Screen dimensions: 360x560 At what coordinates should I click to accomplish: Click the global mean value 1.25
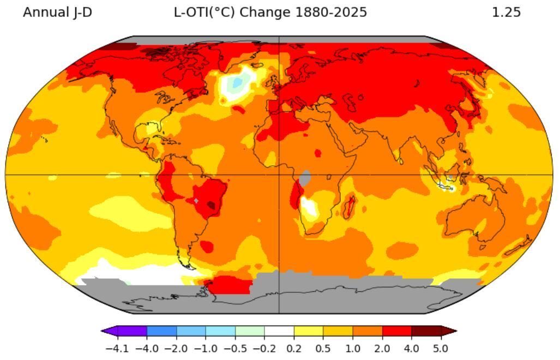506,12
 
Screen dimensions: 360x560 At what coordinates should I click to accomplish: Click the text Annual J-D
57,12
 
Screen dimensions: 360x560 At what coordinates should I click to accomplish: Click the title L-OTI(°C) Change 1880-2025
270,12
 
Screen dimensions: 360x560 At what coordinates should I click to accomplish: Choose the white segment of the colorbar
279,331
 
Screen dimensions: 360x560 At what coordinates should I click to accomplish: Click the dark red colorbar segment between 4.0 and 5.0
426,331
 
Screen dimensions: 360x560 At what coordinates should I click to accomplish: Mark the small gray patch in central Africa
305,177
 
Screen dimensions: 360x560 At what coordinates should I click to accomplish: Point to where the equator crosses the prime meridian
279,175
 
